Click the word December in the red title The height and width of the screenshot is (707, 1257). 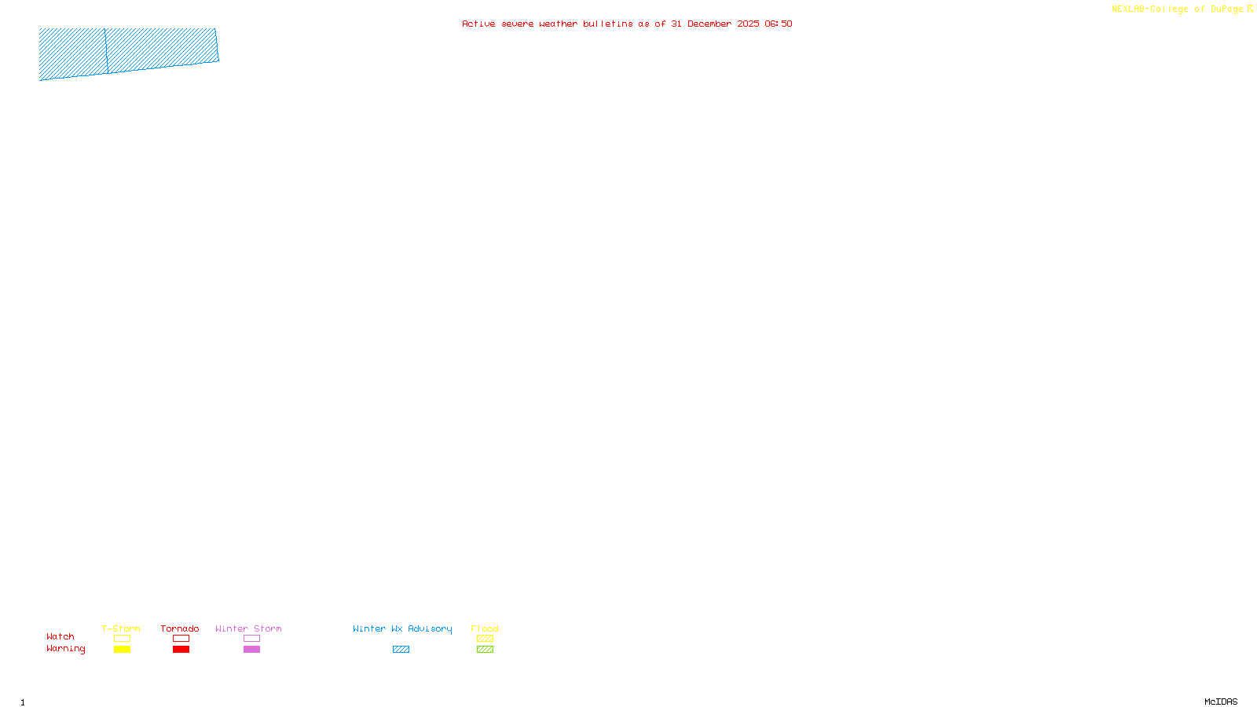[709, 24]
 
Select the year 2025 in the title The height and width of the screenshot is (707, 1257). [748, 24]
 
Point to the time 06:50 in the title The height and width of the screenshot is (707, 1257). [779, 24]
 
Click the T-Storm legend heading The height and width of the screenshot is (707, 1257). [121, 628]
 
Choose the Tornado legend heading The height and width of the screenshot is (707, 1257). [180, 628]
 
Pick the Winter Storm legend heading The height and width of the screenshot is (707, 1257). [248, 628]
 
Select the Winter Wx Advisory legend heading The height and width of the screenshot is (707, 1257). [402, 628]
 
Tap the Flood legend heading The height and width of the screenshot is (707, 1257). [485, 628]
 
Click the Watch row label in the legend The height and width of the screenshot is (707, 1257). [60, 636]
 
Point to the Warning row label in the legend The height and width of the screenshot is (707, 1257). [66, 649]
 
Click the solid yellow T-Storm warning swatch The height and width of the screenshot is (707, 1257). [122, 650]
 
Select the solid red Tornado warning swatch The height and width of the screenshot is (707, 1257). [181, 650]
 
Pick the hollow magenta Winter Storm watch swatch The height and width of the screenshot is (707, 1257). [251, 639]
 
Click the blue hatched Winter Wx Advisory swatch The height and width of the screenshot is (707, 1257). [401, 650]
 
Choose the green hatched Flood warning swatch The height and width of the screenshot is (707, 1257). [485, 650]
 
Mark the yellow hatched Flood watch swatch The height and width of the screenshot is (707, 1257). [485, 639]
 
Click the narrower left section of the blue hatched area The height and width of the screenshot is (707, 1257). [72, 53]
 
